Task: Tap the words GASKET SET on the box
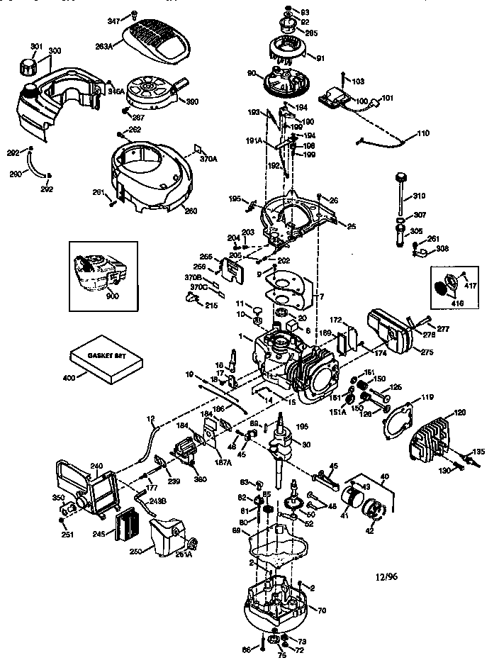click(105, 357)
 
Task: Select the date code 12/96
click(385, 577)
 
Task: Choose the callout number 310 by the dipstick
click(419, 195)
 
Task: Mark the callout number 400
click(69, 379)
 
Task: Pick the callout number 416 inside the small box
click(446, 301)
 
